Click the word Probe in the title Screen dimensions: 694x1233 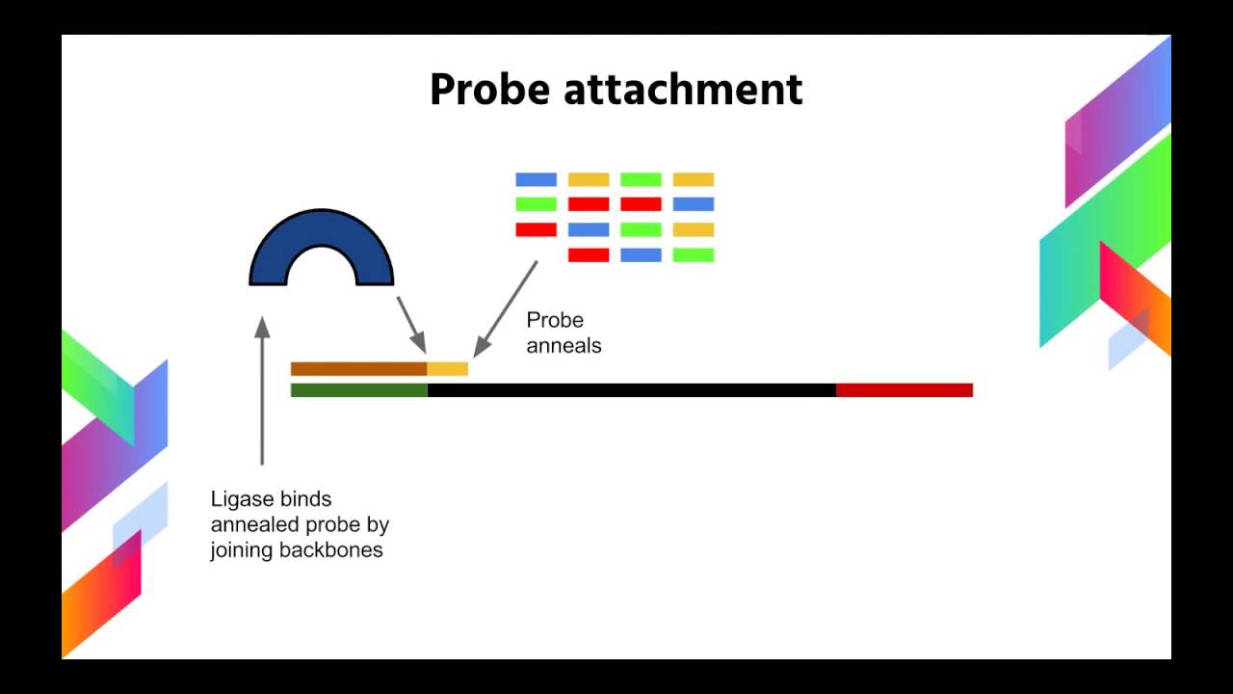[488, 90]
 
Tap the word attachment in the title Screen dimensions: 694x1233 [682, 90]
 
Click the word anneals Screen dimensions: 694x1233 [564, 345]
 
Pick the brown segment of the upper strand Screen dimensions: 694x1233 [358, 368]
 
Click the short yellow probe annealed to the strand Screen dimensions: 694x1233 [448, 368]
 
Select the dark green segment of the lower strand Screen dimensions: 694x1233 [358, 390]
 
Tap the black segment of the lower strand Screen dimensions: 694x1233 [631, 390]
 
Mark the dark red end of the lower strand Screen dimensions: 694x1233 [904, 390]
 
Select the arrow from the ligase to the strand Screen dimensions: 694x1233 [411, 324]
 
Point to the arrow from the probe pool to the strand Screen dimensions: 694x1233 [506, 307]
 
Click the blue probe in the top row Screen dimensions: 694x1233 [536, 179]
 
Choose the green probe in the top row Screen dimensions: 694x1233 [641, 179]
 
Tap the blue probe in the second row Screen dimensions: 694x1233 [693, 204]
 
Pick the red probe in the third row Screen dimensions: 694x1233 [536, 229]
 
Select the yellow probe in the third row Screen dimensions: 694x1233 [693, 229]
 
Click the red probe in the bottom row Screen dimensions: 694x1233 [589, 254]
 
